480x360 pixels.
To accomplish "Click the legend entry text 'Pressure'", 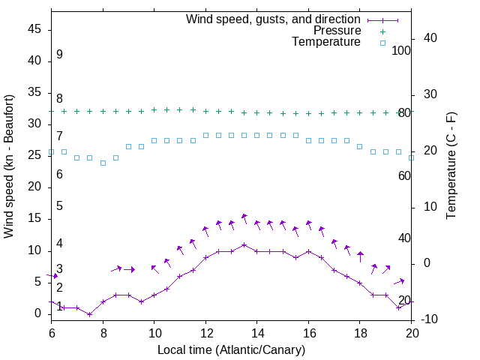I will point(337,31).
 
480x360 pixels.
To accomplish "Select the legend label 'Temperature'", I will point(326,43).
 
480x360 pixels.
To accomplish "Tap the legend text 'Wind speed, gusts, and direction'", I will point(274,19).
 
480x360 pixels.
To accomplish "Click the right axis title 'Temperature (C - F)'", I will point(451,166).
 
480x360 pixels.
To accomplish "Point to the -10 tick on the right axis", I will point(429,319).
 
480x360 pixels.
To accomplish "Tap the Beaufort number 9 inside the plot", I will point(59,55).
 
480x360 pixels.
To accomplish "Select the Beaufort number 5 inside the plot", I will point(59,206).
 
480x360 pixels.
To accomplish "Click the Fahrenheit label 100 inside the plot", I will point(401,50).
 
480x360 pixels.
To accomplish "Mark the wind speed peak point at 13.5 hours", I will point(244,244).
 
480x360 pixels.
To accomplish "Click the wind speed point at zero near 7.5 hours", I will point(90,314).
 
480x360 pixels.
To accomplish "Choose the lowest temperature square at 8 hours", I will point(103,163).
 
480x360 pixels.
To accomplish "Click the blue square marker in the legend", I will point(382,43).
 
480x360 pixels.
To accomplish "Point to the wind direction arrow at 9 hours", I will point(129,269).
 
